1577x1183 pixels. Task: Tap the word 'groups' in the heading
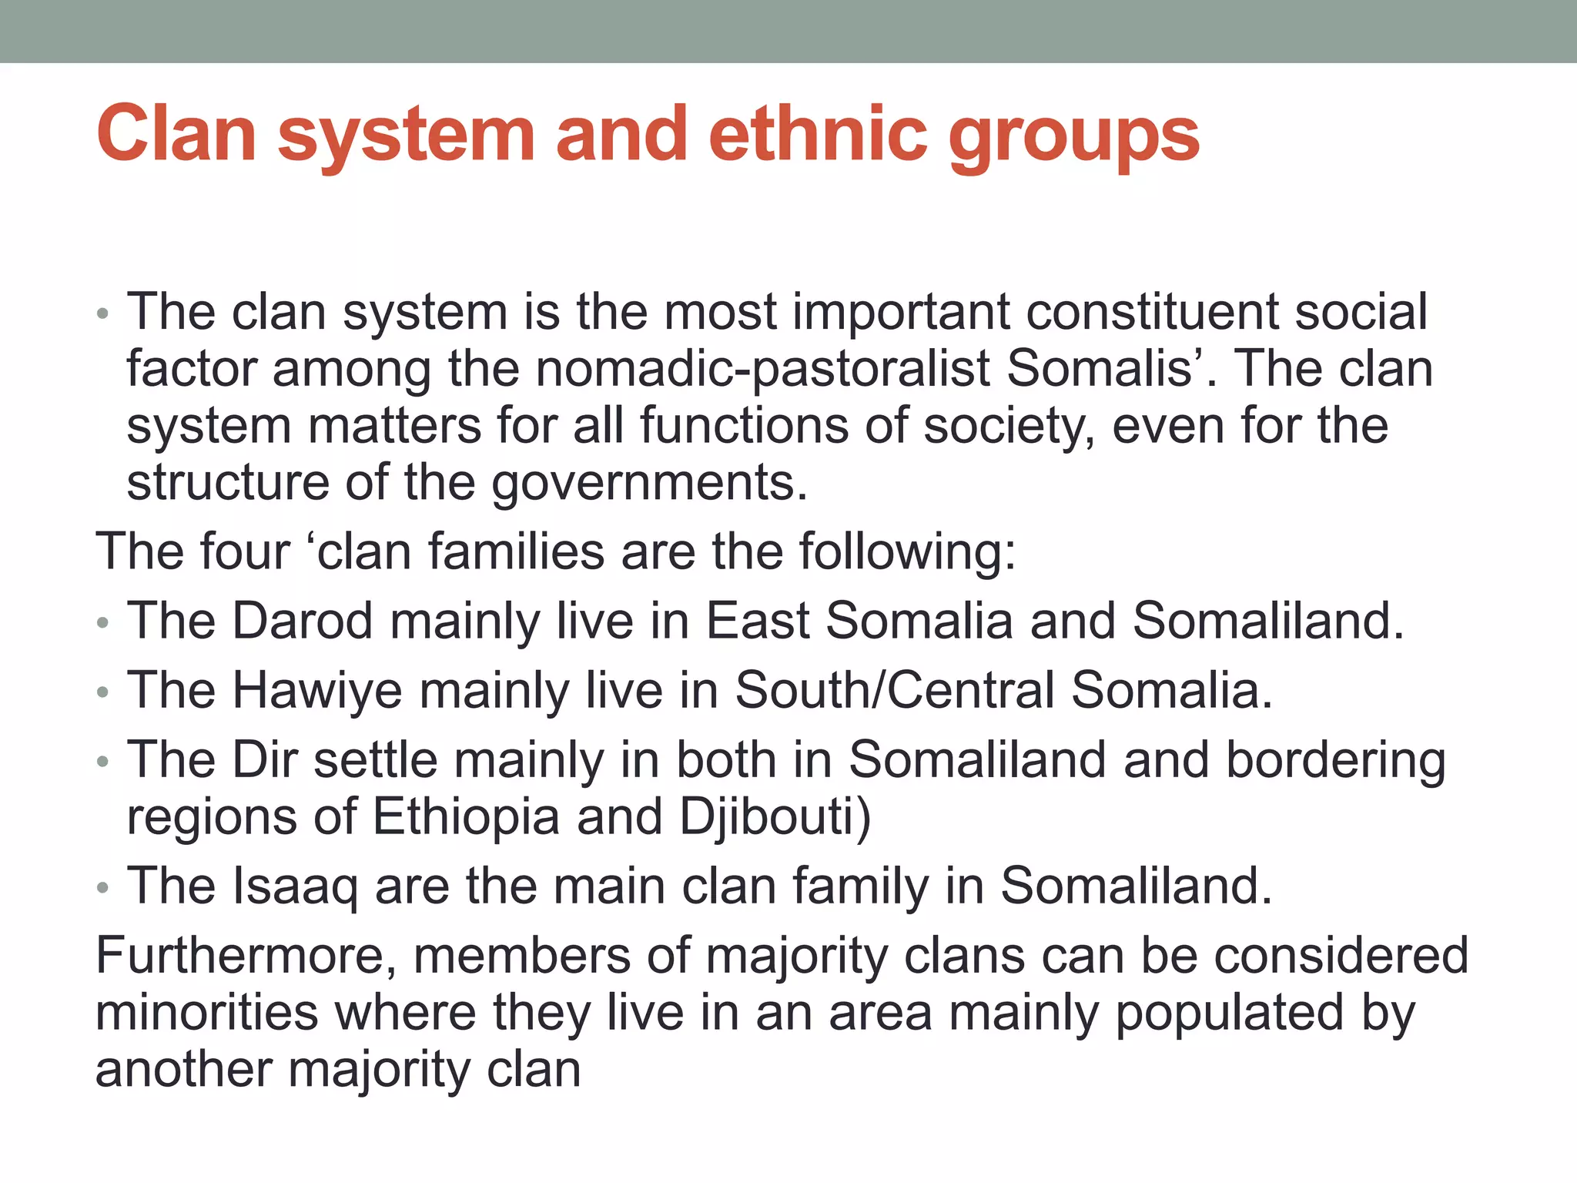1073,139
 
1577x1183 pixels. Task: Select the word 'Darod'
303,620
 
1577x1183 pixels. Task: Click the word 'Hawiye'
317,690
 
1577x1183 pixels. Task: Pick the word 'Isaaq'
295,886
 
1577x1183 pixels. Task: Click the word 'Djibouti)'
775,817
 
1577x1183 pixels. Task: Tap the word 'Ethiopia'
466,817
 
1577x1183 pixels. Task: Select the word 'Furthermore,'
246,956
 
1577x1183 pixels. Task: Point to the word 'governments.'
649,484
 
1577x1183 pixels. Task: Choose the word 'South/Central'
894,690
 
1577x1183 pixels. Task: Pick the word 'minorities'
206,1013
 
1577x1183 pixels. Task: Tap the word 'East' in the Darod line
758,620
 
